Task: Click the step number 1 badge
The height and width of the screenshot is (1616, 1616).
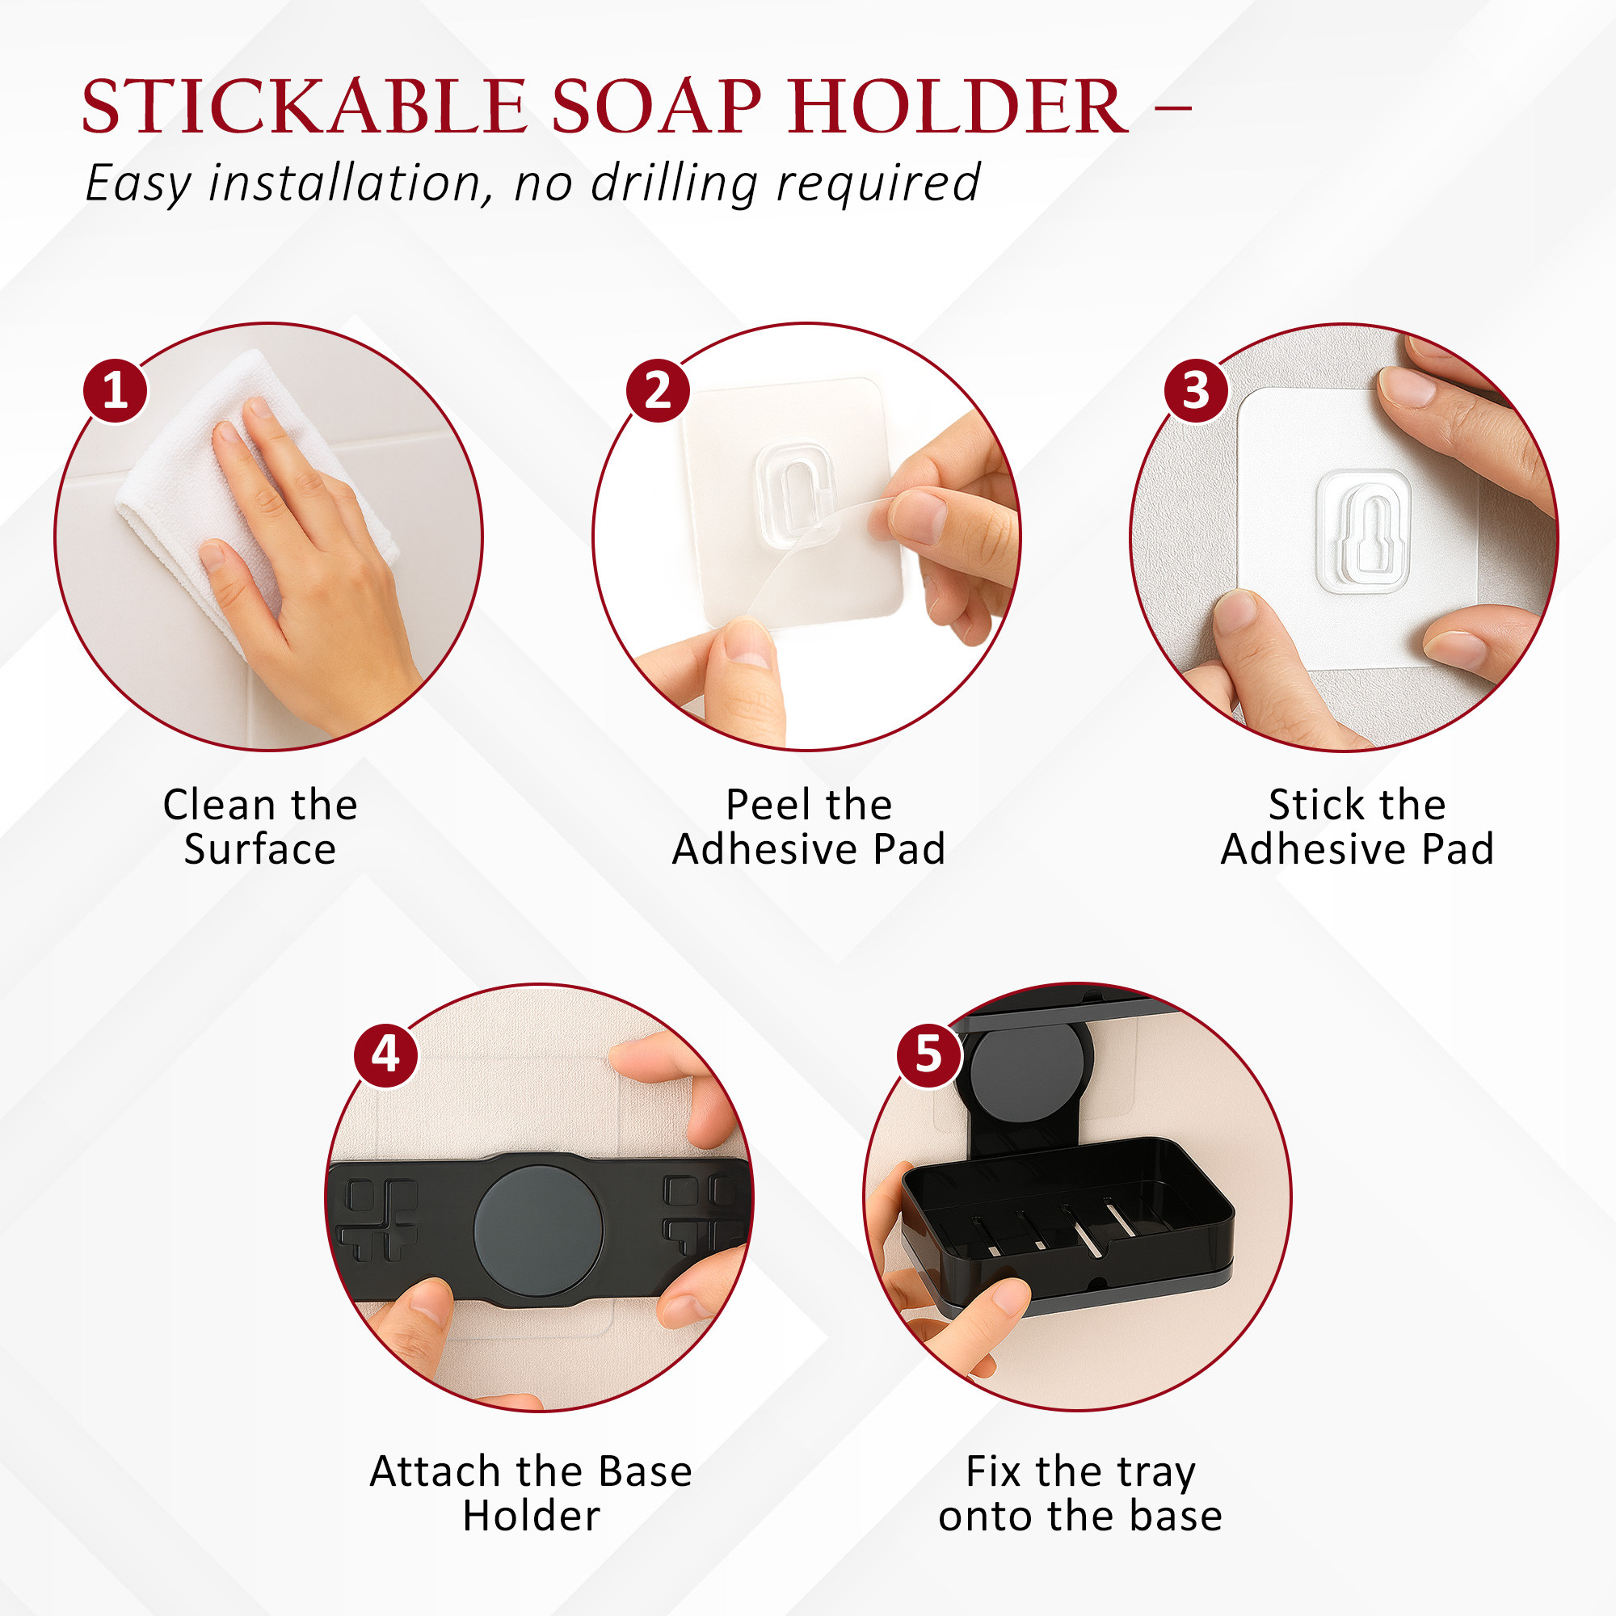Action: [115, 390]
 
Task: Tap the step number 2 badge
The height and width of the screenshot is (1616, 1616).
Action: [658, 390]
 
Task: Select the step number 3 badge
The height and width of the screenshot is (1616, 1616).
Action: [1196, 390]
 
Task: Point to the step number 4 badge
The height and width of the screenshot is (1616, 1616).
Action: [385, 1054]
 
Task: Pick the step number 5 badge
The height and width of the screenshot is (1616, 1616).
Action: [928, 1054]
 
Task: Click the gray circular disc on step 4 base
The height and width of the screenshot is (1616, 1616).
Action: [538, 1231]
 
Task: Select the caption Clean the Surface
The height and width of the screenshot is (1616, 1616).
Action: [260, 827]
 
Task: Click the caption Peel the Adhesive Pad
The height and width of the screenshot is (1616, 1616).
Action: [809, 827]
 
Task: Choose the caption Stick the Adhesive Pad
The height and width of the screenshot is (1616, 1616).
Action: [1357, 827]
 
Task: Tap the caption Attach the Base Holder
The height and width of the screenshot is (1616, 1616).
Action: [531, 1493]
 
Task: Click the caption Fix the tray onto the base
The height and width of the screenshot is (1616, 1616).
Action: [1079, 1493]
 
